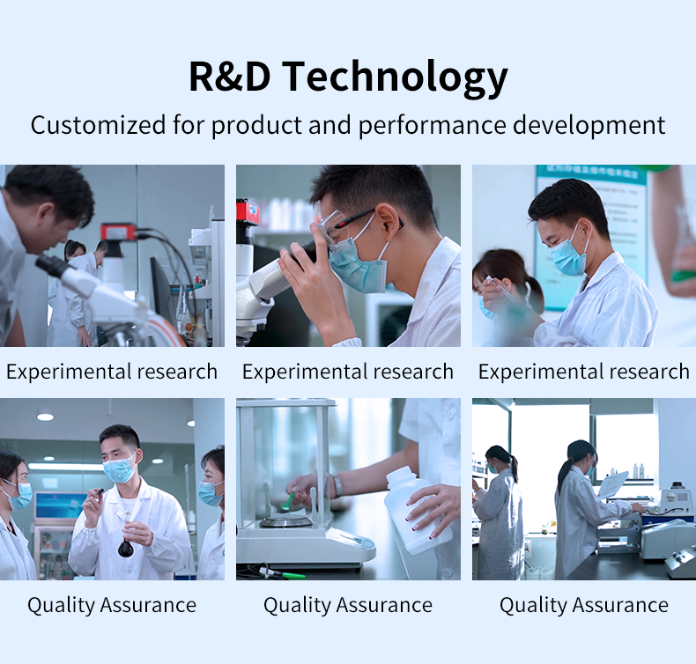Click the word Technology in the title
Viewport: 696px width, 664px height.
pyautogui.click(x=395, y=77)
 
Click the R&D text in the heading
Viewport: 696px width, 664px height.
pyautogui.click(x=229, y=77)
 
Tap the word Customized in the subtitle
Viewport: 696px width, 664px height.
pyautogui.click(x=98, y=125)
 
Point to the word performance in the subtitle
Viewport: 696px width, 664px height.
pyautogui.click(x=432, y=126)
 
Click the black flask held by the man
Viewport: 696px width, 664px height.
pyautogui.click(x=126, y=549)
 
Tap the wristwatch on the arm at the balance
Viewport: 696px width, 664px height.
pyautogui.click(x=337, y=484)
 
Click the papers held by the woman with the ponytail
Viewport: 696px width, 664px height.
pyautogui.click(x=613, y=484)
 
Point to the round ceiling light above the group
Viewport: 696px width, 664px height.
pyautogui.click(x=45, y=417)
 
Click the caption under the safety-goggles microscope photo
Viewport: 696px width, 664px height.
pyautogui.click(x=348, y=372)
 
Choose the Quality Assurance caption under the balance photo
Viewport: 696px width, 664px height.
pyautogui.click(x=348, y=605)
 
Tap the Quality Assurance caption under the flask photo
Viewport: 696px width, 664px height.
pyautogui.click(x=112, y=605)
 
